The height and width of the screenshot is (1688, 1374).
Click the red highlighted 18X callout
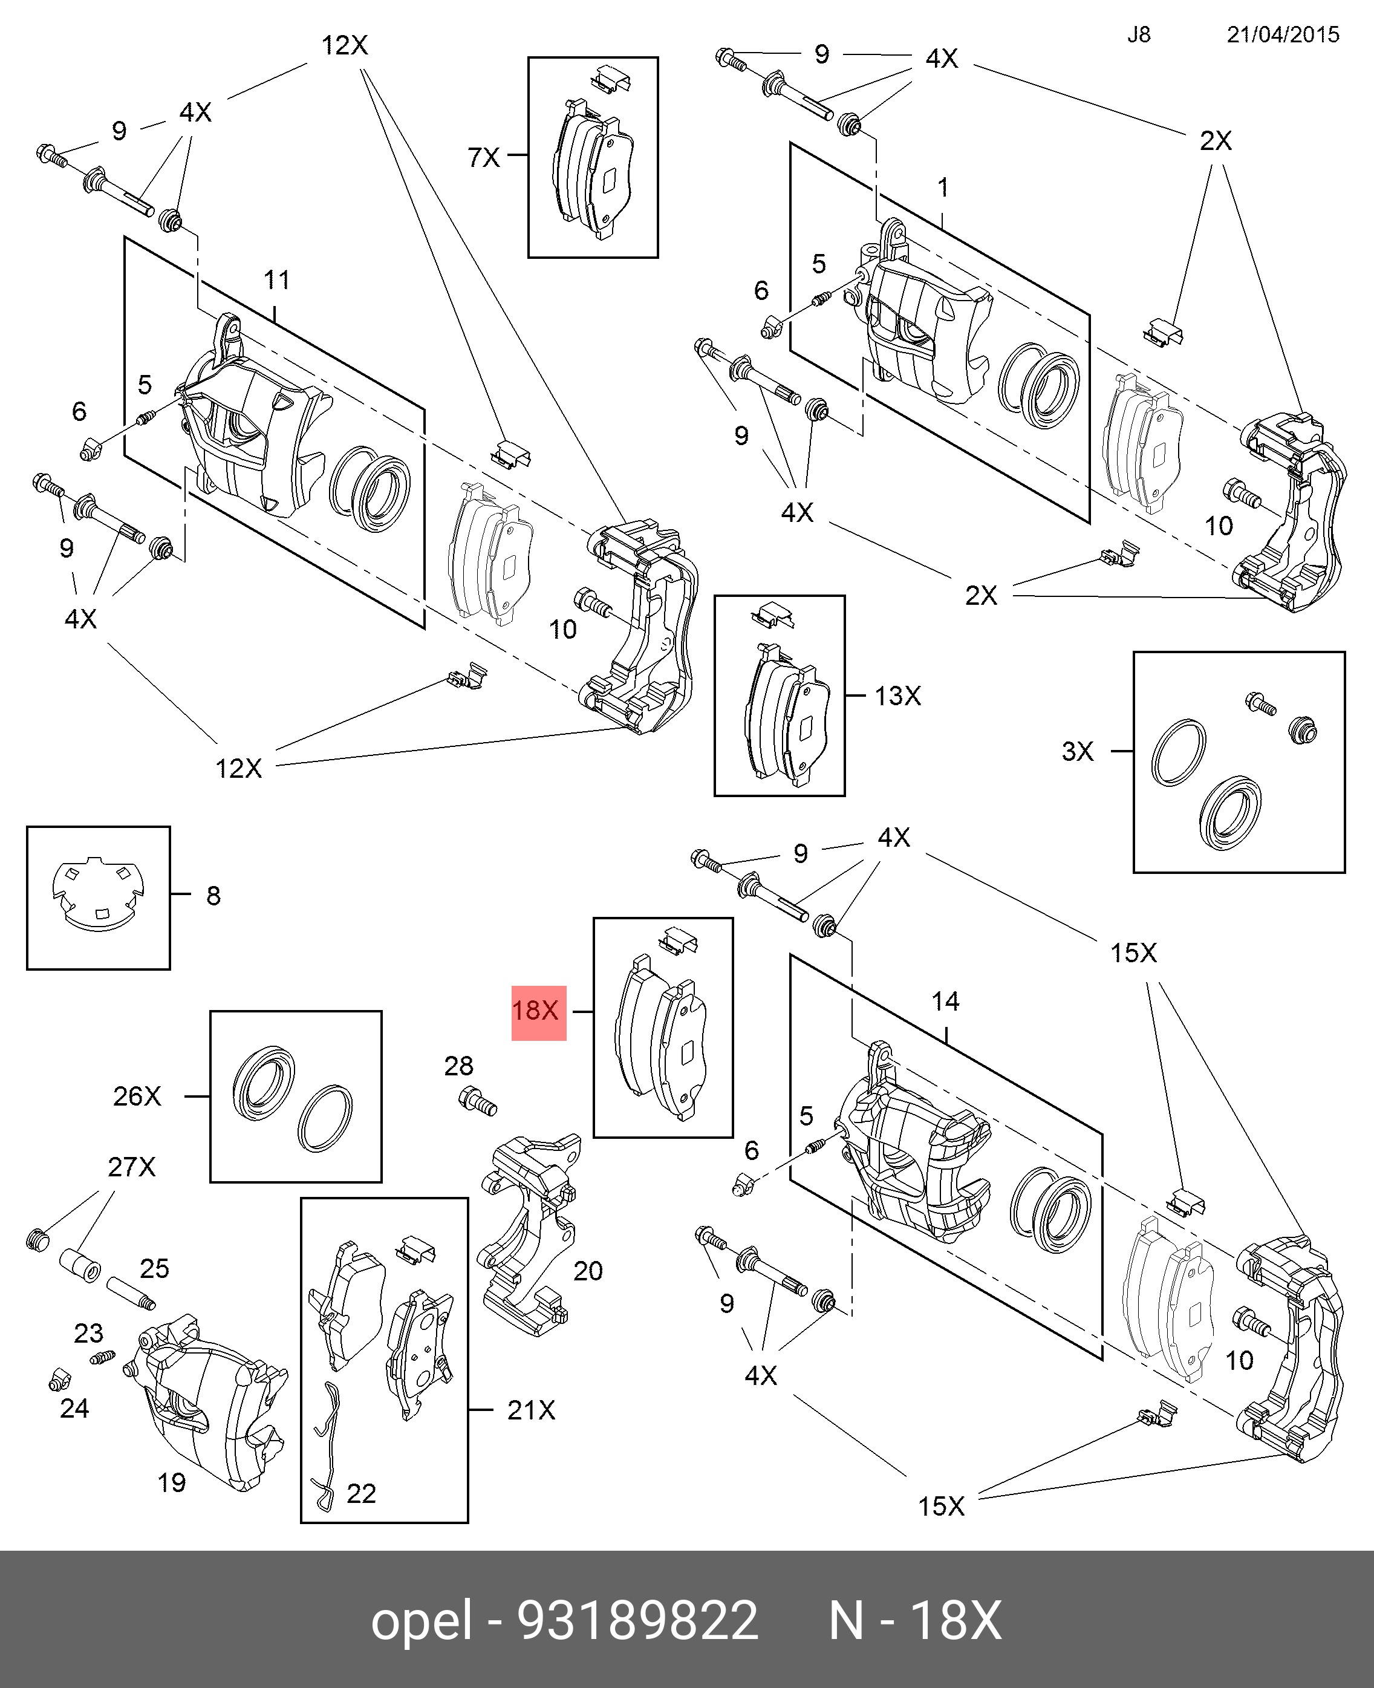538,1011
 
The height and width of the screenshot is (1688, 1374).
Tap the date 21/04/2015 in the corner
1282,35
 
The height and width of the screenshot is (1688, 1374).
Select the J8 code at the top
1138,35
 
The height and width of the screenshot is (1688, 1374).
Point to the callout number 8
213,896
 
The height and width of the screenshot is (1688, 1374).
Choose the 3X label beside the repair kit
1077,752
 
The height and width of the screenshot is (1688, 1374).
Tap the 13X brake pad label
897,696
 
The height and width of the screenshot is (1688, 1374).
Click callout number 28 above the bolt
458,1066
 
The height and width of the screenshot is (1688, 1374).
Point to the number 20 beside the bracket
588,1271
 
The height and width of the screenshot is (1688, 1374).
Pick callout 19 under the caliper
171,1482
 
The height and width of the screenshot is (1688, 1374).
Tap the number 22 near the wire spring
361,1493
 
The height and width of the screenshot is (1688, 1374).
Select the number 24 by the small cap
74,1408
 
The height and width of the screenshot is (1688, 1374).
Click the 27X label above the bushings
131,1167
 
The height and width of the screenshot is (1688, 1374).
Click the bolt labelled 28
477,1101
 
